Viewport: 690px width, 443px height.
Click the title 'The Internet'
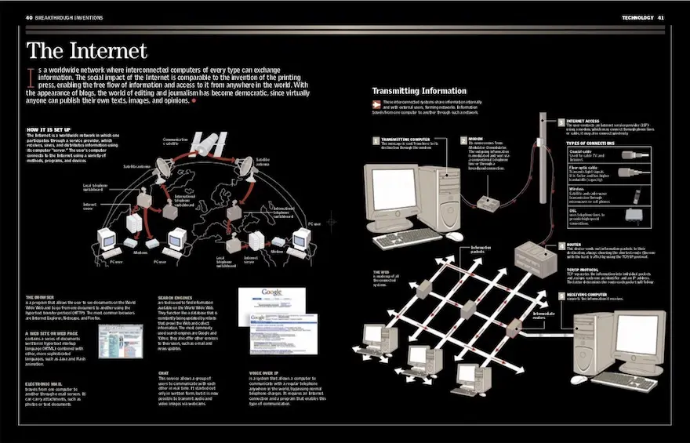tap(87, 51)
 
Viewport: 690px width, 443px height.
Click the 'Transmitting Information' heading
tap(419, 92)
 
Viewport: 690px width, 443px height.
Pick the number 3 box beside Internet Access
tap(561, 122)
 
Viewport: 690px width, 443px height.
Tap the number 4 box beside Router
tap(561, 245)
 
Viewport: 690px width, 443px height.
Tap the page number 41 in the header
tap(661, 17)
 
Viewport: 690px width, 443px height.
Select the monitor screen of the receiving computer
tap(636, 333)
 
